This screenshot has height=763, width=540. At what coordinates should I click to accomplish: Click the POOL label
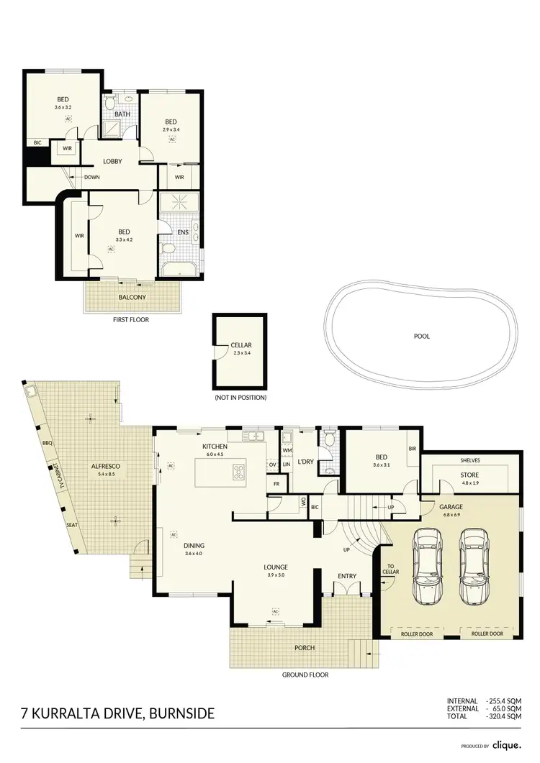coord(423,336)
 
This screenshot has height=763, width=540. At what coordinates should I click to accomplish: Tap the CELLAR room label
coord(241,346)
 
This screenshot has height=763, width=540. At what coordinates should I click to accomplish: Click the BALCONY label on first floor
coord(132,297)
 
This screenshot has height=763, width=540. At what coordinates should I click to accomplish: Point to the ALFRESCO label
coord(105,467)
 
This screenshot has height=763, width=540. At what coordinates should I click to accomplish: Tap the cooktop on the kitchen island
coord(238,472)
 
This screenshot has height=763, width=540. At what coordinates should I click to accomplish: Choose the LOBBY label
coord(112,161)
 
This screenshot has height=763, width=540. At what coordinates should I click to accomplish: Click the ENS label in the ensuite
coord(183,232)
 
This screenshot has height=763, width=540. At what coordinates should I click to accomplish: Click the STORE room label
coord(469,475)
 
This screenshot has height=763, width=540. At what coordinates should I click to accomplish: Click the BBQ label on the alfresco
coord(48,443)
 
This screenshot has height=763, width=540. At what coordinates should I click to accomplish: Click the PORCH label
coord(305,647)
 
